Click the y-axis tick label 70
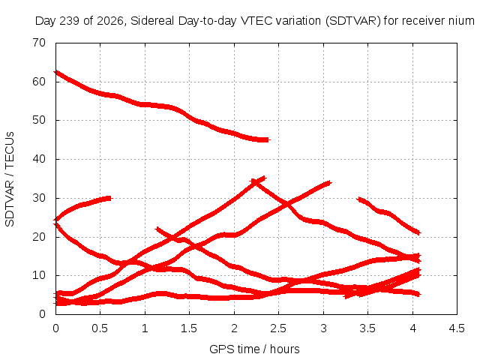click(39, 43)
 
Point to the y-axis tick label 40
click(39, 159)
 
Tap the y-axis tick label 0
click(42, 313)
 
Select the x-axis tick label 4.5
click(457, 328)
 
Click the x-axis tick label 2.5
click(278, 328)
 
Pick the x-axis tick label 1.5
click(189, 328)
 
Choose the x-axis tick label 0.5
click(100, 328)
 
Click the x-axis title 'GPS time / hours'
click(254, 349)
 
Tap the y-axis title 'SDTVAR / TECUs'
click(10, 179)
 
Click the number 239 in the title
click(70, 21)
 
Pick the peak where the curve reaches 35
click(263, 178)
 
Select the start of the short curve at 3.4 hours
click(359, 199)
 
